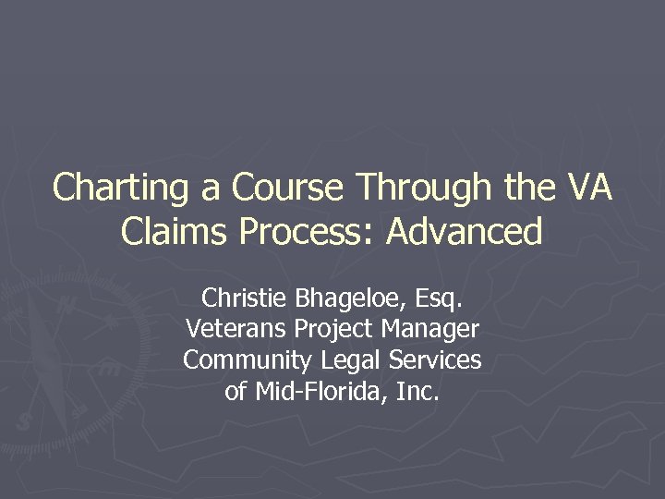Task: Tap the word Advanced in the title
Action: click(464, 231)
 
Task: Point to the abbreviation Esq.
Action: click(437, 298)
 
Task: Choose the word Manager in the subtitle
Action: click(431, 329)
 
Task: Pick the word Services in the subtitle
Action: click(433, 360)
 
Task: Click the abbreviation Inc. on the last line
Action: click(417, 392)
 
